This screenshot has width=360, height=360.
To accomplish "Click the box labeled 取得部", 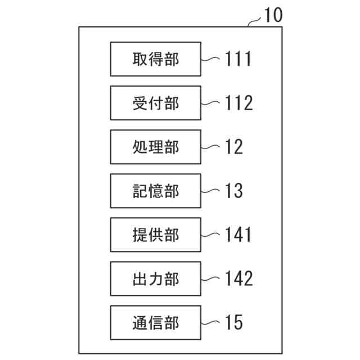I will [x=155, y=59].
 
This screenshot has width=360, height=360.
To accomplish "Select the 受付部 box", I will [x=155, y=103].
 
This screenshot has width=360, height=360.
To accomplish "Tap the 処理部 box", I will [x=155, y=147].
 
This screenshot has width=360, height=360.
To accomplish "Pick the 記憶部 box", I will [x=155, y=191].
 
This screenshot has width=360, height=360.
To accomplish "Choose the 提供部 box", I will [x=155, y=235].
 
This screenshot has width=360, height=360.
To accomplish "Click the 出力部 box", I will [x=155, y=278].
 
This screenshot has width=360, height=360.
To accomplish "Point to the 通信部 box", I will [x=155, y=322].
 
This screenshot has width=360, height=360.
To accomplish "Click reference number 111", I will [x=238, y=59].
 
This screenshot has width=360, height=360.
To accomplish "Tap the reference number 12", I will [x=234, y=147].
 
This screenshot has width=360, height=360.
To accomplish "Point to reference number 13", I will [x=234, y=191].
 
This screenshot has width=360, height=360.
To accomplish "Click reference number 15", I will [x=234, y=322].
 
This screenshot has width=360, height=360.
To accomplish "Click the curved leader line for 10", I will [x=255, y=21].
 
